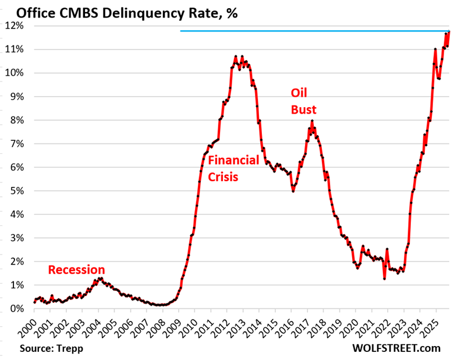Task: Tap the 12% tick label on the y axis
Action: (x=14, y=26)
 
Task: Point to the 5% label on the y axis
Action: (x=16, y=191)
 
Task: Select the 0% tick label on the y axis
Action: (x=16, y=309)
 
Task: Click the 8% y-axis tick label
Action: (x=16, y=120)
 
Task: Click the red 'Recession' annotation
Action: (x=76, y=270)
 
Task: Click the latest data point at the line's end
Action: (x=449, y=32)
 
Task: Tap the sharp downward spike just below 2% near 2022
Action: (x=384, y=278)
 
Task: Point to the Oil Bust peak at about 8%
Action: (x=312, y=121)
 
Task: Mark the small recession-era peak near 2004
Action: (x=100, y=278)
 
